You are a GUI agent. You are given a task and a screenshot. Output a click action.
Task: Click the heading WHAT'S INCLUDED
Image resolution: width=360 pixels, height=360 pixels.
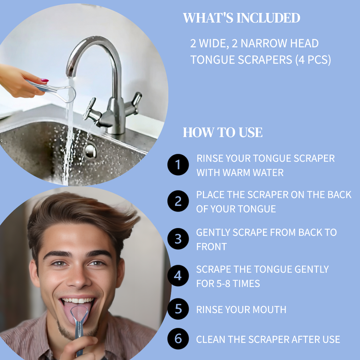pyautogui.click(x=241, y=18)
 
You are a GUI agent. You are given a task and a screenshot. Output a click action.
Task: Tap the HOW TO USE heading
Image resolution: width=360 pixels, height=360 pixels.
pyautogui.click(x=222, y=132)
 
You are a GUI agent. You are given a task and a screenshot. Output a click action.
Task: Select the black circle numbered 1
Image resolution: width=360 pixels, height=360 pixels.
pyautogui.click(x=178, y=165)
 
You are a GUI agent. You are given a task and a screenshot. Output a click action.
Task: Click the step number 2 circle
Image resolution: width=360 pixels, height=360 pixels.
pyautogui.click(x=178, y=201)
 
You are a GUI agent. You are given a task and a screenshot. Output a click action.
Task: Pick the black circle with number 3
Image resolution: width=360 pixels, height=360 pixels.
pyautogui.click(x=178, y=239)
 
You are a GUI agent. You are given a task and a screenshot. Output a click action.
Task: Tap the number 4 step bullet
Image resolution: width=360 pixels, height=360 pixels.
pyautogui.click(x=178, y=276)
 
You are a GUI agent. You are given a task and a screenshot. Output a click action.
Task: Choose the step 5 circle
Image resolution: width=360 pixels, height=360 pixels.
pyautogui.click(x=178, y=309)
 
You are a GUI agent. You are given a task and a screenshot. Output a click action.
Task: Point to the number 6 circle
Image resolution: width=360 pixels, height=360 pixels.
pyautogui.click(x=178, y=339)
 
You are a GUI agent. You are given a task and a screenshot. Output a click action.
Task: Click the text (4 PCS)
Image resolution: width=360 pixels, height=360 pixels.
pyautogui.click(x=313, y=60)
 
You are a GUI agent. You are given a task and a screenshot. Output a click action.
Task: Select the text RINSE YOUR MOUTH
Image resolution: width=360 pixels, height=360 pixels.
pyautogui.click(x=241, y=309)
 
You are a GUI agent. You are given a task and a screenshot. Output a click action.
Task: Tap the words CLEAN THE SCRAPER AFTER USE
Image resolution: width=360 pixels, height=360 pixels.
pyautogui.click(x=268, y=339)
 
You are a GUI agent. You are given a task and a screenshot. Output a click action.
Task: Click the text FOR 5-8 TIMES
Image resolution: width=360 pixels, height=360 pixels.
pyautogui.click(x=228, y=284)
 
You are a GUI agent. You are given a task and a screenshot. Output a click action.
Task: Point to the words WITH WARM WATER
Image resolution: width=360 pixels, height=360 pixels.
pyautogui.click(x=240, y=173)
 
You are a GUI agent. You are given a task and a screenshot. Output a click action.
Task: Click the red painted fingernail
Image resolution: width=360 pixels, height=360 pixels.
pyautogui.click(x=45, y=80)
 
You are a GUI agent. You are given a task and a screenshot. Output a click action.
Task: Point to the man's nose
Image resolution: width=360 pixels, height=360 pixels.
pyautogui.click(x=78, y=278)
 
